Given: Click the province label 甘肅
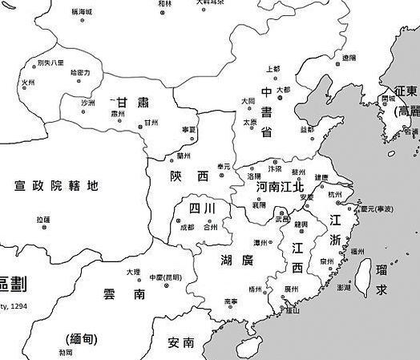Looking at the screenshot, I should [133, 103].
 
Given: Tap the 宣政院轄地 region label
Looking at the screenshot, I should [56, 186].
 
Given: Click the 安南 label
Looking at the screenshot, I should [181, 342].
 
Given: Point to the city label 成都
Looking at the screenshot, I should [187, 228].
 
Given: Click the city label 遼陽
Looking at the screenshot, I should [349, 58].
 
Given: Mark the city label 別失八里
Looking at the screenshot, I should [48, 63].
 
